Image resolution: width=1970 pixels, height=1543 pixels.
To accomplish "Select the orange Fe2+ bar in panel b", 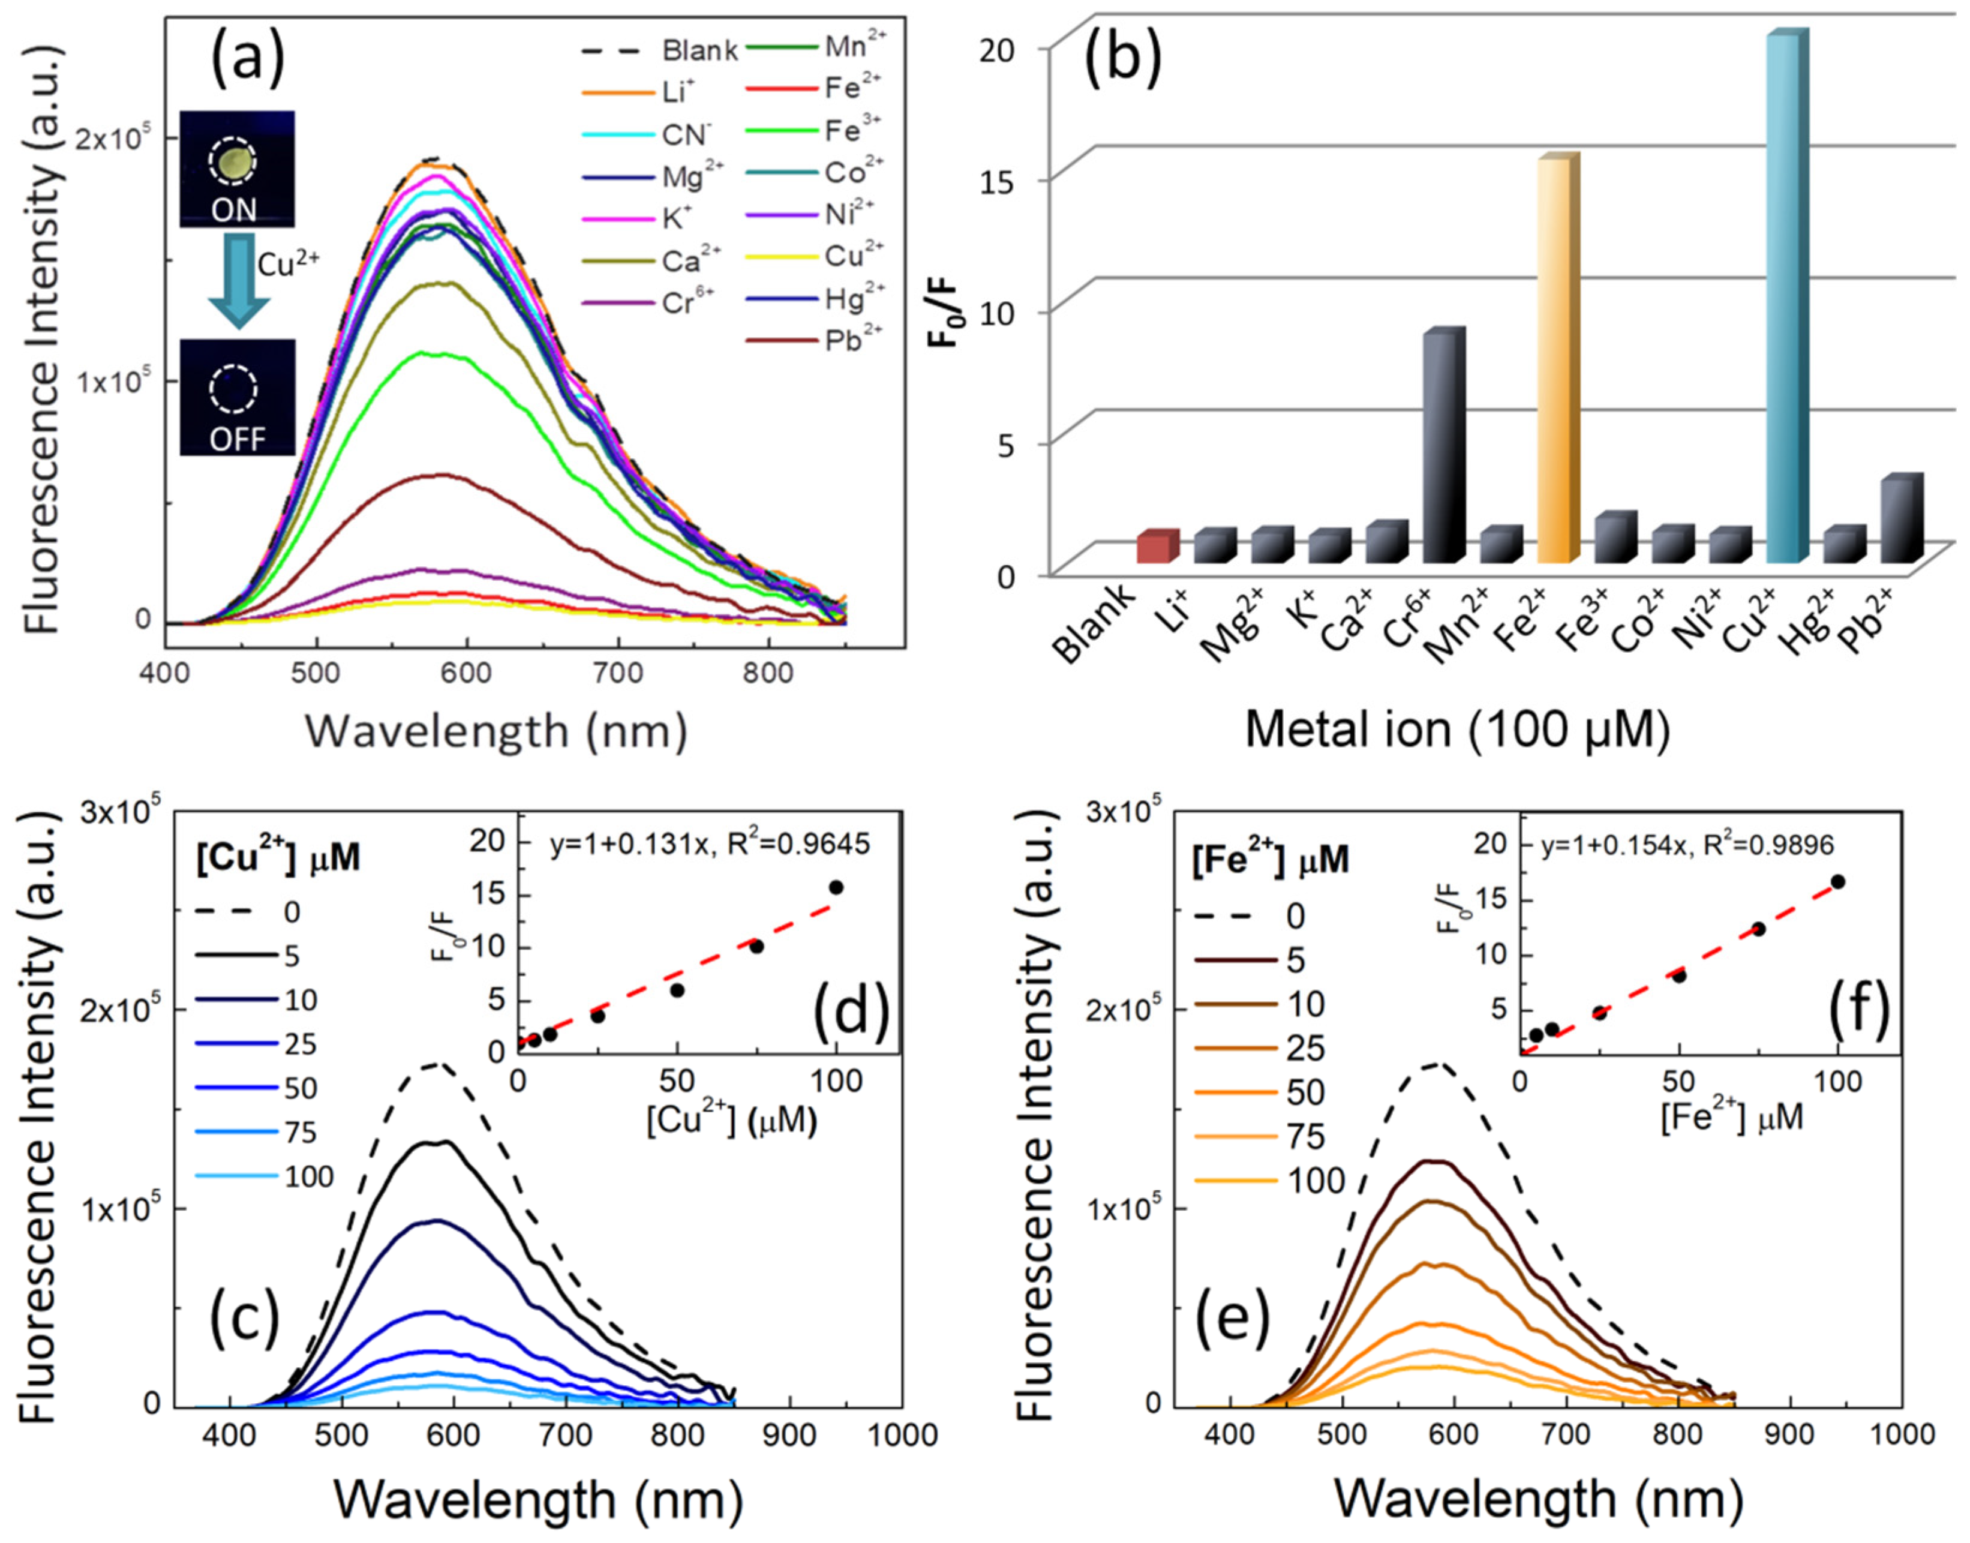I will [x=1555, y=361].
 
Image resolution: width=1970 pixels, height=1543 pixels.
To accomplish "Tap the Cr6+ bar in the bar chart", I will [x=1441, y=447].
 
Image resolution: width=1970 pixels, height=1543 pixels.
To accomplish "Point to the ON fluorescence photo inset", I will [x=237, y=169].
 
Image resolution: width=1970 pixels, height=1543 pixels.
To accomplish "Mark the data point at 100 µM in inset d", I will [x=836, y=887].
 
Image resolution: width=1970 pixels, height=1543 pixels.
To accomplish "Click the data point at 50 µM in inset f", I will [x=1679, y=975].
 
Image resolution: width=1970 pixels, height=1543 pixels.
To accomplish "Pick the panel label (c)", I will [x=244, y=1319].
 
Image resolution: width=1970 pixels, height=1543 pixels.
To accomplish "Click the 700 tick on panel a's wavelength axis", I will [x=618, y=673].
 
